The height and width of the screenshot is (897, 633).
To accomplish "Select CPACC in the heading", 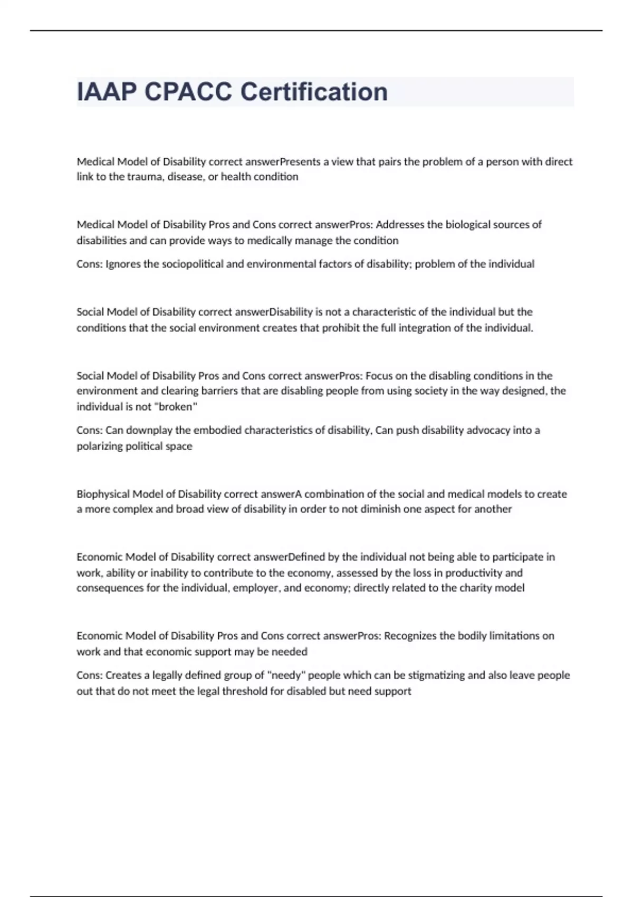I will tap(188, 92).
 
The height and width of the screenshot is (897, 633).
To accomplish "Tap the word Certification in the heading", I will tap(314, 92).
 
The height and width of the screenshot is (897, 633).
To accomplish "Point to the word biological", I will tap(469, 225).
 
